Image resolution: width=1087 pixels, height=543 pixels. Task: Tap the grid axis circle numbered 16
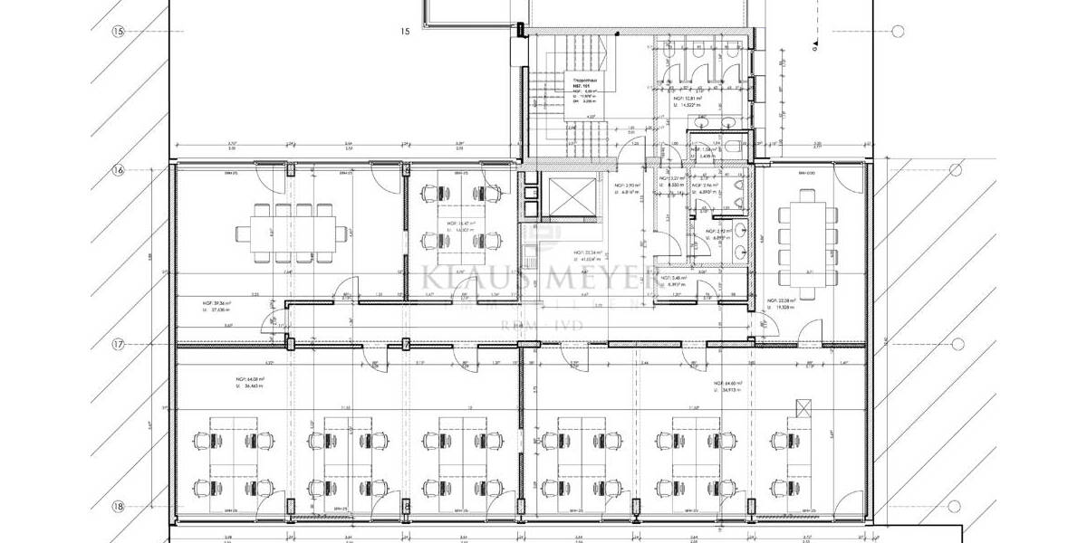click(118, 169)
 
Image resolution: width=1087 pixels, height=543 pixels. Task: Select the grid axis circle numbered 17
click(118, 345)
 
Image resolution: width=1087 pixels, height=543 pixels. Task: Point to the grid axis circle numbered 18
click(118, 508)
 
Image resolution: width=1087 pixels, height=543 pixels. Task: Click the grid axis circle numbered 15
click(118, 31)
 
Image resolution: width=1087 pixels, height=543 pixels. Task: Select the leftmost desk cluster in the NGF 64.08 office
click(234, 457)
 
